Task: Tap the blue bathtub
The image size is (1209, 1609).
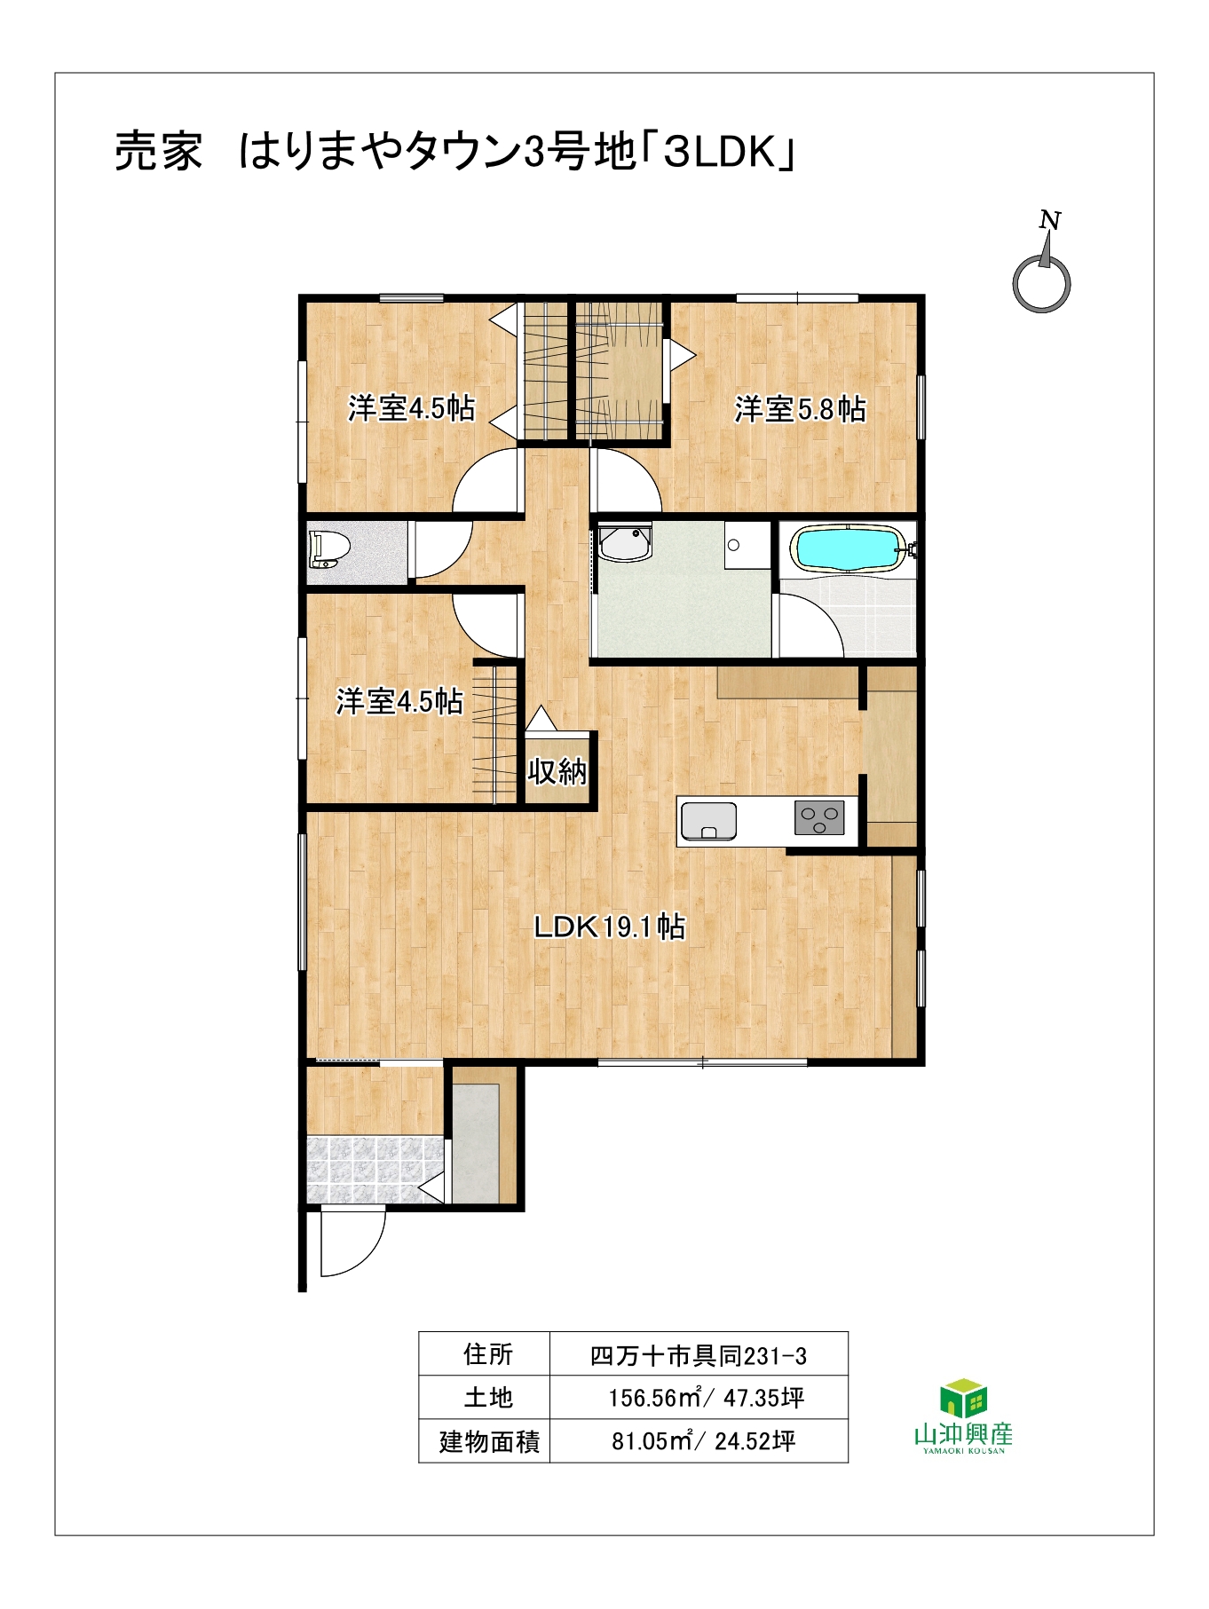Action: point(849,548)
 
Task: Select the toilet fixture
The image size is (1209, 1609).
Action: point(328,549)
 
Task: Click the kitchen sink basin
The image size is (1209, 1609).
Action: point(708,821)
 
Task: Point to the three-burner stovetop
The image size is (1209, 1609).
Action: point(818,818)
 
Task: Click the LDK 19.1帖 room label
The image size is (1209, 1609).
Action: point(609,927)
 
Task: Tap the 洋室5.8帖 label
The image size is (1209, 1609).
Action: point(800,409)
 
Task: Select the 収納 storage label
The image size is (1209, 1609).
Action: point(557,771)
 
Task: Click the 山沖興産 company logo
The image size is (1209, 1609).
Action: point(963,1416)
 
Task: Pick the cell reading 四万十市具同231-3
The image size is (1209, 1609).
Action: point(699,1355)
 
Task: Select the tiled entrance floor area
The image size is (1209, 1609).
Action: point(375,1169)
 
